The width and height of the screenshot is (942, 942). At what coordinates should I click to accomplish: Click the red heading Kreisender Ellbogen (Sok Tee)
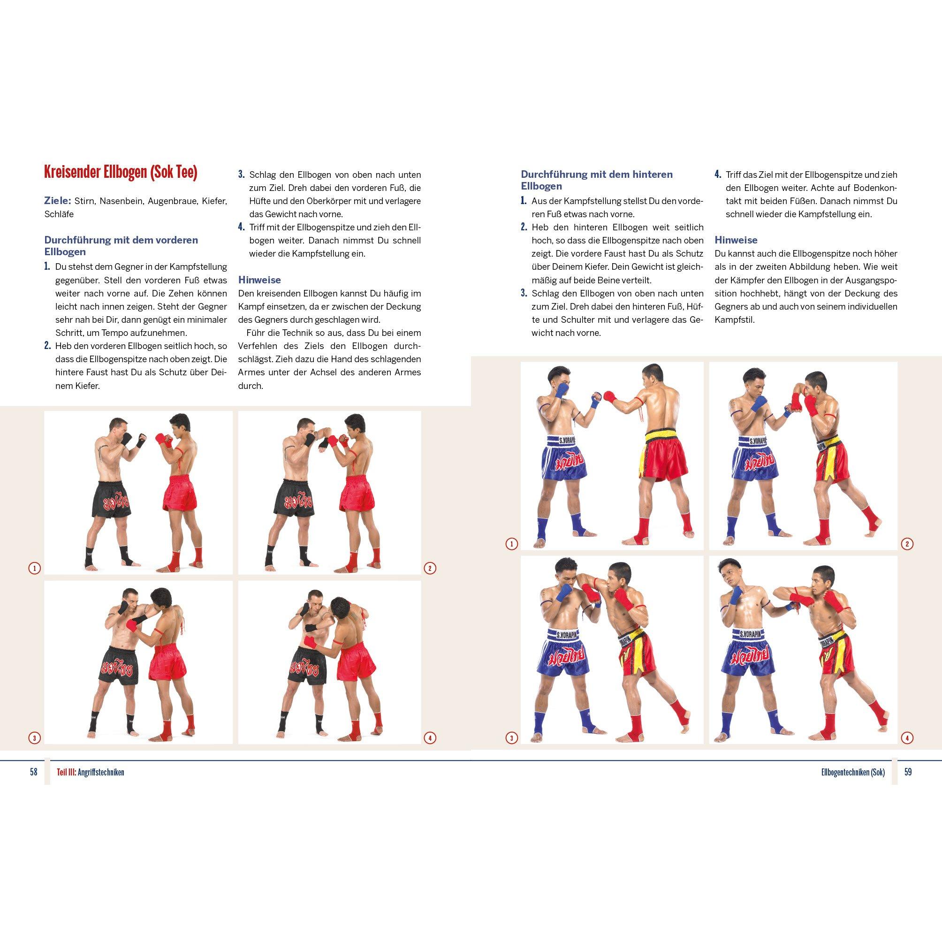(121, 173)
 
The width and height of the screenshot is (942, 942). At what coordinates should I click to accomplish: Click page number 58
(33, 772)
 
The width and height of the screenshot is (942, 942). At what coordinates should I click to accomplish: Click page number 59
(908, 772)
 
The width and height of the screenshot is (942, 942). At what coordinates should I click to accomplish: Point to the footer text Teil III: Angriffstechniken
(90, 772)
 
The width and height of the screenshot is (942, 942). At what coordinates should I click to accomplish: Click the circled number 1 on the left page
(34, 568)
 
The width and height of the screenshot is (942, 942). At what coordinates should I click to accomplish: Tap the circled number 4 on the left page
(430, 752)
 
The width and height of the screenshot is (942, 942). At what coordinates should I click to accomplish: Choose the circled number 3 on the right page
(511, 752)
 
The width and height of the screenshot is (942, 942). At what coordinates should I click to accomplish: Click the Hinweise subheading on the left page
(259, 280)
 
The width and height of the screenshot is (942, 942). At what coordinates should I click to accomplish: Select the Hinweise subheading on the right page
(736, 240)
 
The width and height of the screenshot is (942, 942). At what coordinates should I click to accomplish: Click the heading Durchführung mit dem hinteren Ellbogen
(596, 180)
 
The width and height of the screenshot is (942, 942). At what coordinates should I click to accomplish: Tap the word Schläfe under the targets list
(59, 214)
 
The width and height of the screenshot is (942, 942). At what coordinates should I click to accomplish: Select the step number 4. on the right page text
(718, 175)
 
